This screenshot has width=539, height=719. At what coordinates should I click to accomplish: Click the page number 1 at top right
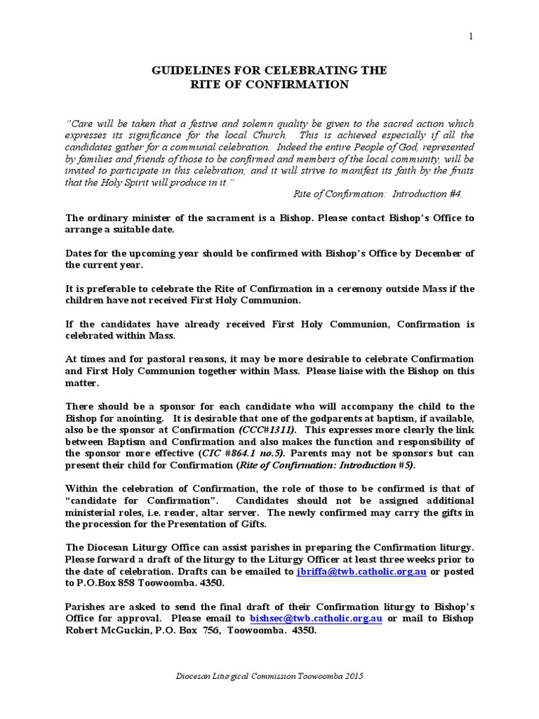point(472,37)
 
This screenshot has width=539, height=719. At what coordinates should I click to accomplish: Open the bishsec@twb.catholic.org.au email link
point(316,619)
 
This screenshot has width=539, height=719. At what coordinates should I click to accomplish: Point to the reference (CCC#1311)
point(267,430)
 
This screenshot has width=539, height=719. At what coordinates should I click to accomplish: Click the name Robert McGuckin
point(105,631)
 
